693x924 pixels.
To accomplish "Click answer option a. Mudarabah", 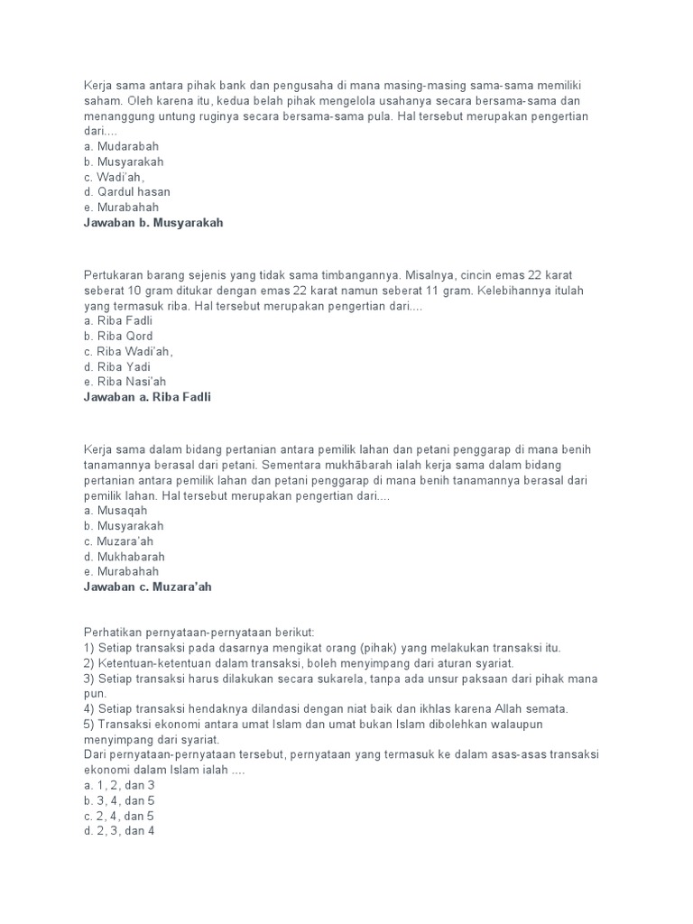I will point(121,146).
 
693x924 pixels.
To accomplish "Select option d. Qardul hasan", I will point(126,192).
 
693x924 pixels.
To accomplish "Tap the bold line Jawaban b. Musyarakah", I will point(152,223).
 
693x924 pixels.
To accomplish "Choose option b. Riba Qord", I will point(118,337).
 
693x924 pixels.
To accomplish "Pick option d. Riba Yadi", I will point(116,367).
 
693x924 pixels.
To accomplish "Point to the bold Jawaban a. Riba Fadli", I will point(146,397).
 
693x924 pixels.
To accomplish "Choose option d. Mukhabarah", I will point(124,557).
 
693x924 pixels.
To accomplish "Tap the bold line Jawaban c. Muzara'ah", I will point(147,587).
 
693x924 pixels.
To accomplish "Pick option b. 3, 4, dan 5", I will point(119,800).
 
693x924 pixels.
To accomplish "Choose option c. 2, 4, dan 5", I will point(119,816).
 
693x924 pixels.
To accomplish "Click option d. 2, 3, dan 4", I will point(119,831).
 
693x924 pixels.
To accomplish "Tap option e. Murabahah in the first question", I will point(121,208).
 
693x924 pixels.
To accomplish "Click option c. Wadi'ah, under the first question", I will point(114,177).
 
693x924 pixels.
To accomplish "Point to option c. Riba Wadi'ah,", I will point(127,352).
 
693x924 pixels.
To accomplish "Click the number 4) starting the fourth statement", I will point(89,708).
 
